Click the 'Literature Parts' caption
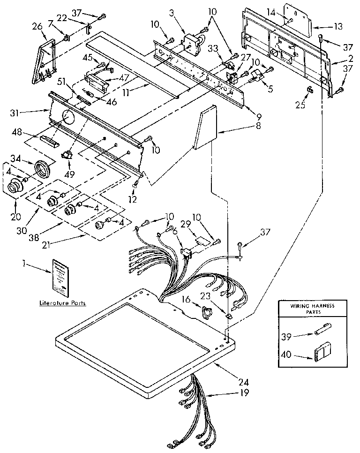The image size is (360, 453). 62,303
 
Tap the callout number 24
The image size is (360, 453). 244,381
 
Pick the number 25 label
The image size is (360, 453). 300,105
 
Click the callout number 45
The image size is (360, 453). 88,58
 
